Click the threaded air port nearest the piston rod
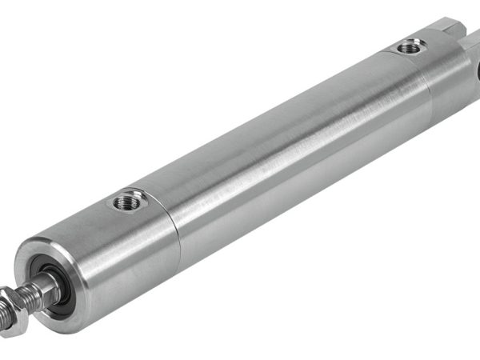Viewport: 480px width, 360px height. click(127, 202)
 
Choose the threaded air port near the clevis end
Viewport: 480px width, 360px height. click(410, 48)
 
